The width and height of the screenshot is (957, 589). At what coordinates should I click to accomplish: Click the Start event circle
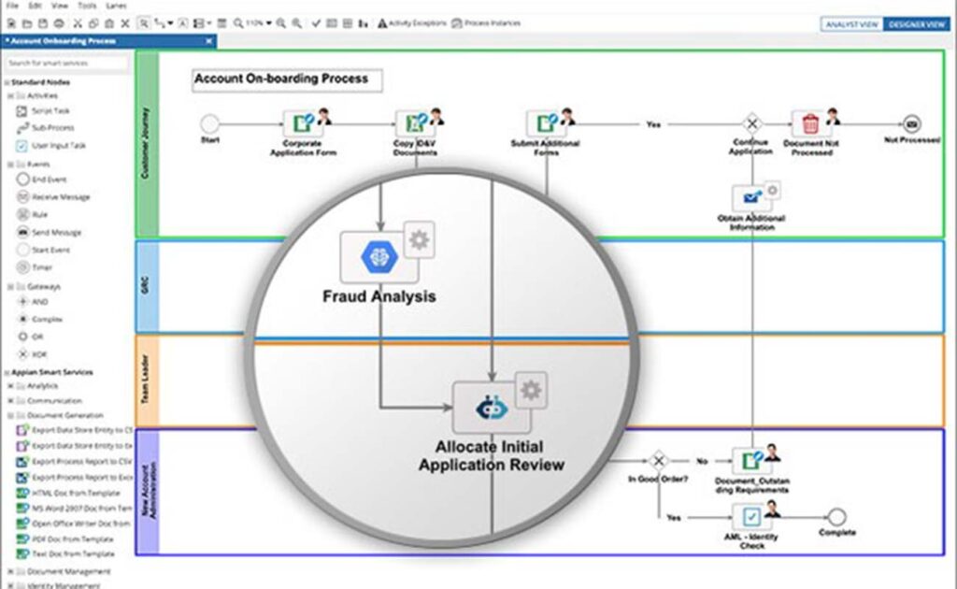209,123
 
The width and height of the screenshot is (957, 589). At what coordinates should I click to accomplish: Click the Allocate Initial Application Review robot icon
492,407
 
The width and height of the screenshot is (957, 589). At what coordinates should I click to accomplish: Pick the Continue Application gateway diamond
750,123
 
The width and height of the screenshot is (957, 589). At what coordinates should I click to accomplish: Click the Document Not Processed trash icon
810,123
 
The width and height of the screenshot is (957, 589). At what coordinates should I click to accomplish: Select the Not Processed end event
911,123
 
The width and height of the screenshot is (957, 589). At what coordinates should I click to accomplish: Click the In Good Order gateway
658,460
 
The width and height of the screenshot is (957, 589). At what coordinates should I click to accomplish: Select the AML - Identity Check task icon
750,516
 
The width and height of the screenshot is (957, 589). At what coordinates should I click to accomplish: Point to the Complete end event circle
836,516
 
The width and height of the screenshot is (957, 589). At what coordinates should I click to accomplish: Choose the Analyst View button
851,24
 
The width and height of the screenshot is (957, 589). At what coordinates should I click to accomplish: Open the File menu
12,6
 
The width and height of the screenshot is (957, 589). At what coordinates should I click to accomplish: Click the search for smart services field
67,64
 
